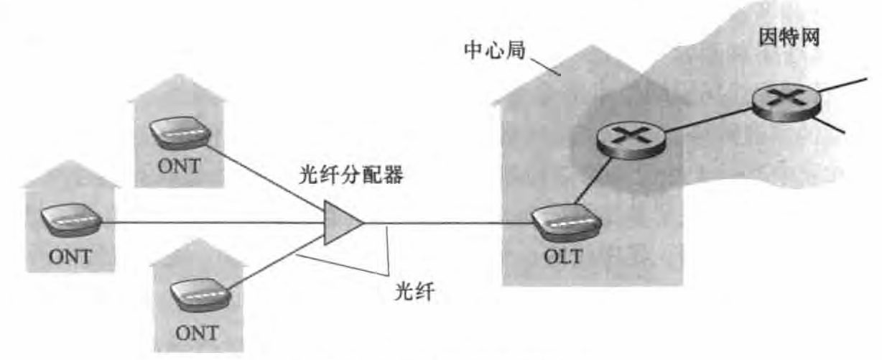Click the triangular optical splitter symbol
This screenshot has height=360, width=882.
pyautogui.click(x=340, y=223)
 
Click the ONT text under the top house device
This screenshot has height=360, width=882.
pyautogui.click(x=179, y=167)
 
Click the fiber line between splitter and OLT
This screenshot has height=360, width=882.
pyautogui.click(x=445, y=223)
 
